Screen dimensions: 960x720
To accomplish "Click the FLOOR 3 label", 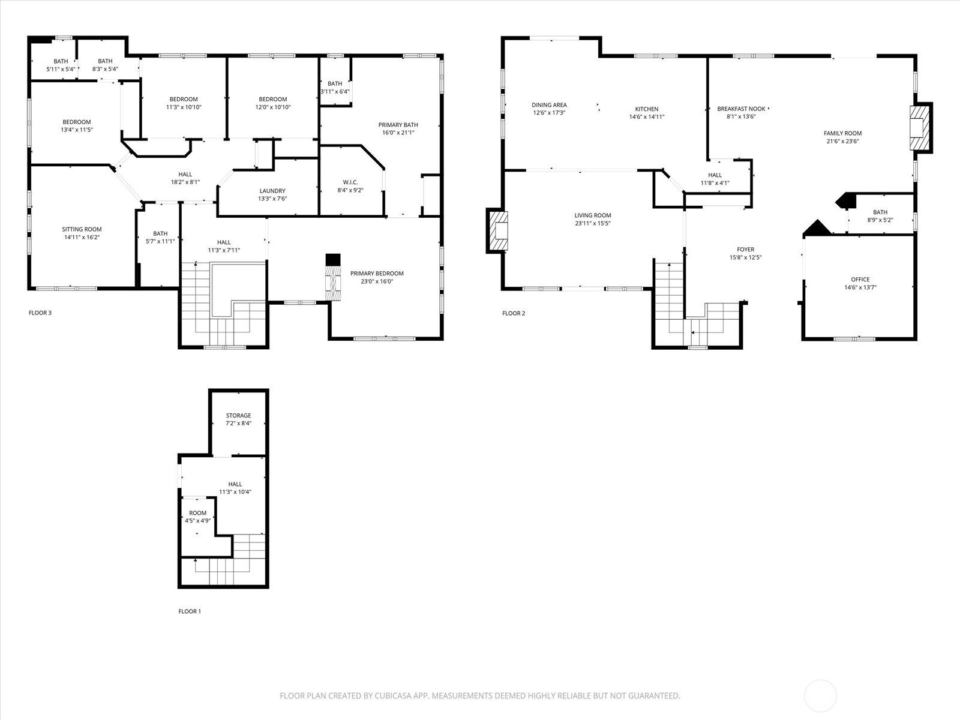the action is click(x=40, y=313).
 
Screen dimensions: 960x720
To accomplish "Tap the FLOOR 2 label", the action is click(x=514, y=313).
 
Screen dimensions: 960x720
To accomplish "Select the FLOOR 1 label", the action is click(x=190, y=611).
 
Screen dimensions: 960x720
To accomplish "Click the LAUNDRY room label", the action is click(x=272, y=191).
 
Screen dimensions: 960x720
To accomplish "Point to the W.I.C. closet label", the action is click(x=350, y=182).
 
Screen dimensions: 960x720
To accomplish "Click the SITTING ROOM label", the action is click(x=82, y=229).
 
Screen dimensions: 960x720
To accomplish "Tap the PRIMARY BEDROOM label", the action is click(x=377, y=274).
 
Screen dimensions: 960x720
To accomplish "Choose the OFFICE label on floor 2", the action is click(x=860, y=280).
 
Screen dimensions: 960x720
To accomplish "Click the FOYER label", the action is click(x=745, y=250).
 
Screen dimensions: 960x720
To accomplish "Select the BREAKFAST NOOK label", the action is click(x=742, y=109).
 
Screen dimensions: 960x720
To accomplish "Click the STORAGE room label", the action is click(x=238, y=415).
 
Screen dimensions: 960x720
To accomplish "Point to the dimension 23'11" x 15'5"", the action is click(x=593, y=223).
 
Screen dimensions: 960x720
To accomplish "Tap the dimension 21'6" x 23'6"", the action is click(x=842, y=141).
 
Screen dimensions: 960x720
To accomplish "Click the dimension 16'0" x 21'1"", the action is click(x=398, y=133).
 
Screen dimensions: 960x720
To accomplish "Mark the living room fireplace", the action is click(x=498, y=231).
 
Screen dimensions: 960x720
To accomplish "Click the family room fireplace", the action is click(x=921, y=128).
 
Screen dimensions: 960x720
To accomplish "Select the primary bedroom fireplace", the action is click(x=333, y=278).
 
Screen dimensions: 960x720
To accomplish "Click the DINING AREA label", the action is click(x=549, y=105).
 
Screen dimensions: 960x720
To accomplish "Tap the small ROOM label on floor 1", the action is click(x=197, y=513).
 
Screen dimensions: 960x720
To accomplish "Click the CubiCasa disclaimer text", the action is click(x=480, y=695).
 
